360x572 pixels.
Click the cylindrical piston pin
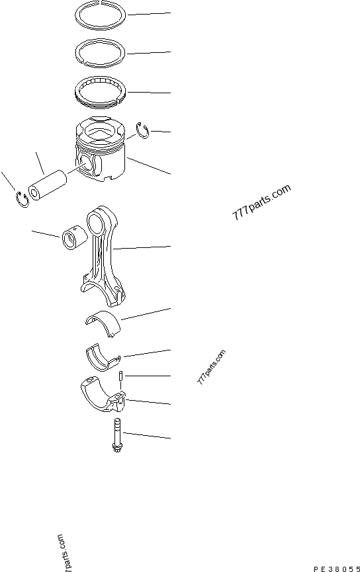click(x=48, y=186)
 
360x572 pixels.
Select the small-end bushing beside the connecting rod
click(x=75, y=239)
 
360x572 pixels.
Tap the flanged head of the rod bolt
click(x=117, y=448)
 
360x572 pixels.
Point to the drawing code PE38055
click(x=337, y=569)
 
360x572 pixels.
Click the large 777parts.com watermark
click(x=261, y=202)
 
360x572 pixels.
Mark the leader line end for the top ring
click(x=171, y=13)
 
